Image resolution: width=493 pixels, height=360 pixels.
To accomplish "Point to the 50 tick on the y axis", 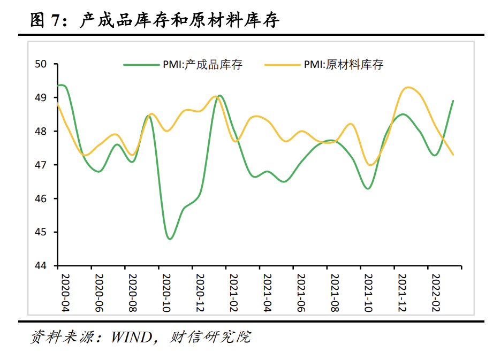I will click(41, 64).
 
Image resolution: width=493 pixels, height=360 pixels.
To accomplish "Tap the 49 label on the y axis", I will click(41, 98).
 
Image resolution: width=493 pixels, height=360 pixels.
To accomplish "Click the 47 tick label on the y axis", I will click(41, 165).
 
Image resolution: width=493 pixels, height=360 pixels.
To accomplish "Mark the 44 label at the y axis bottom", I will click(41, 266).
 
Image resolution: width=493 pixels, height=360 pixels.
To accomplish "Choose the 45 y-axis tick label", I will click(41, 232).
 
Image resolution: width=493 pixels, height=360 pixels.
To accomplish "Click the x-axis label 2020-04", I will click(64, 293).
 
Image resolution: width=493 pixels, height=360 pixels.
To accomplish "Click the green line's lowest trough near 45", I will click(170, 239).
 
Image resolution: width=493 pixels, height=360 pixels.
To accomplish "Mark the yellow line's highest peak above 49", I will click(409, 87).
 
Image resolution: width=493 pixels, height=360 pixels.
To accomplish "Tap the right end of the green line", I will click(453, 101).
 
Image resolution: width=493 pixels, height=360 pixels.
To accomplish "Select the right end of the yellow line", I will click(453, 155).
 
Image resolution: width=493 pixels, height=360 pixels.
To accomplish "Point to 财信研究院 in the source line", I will click(210, 338).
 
